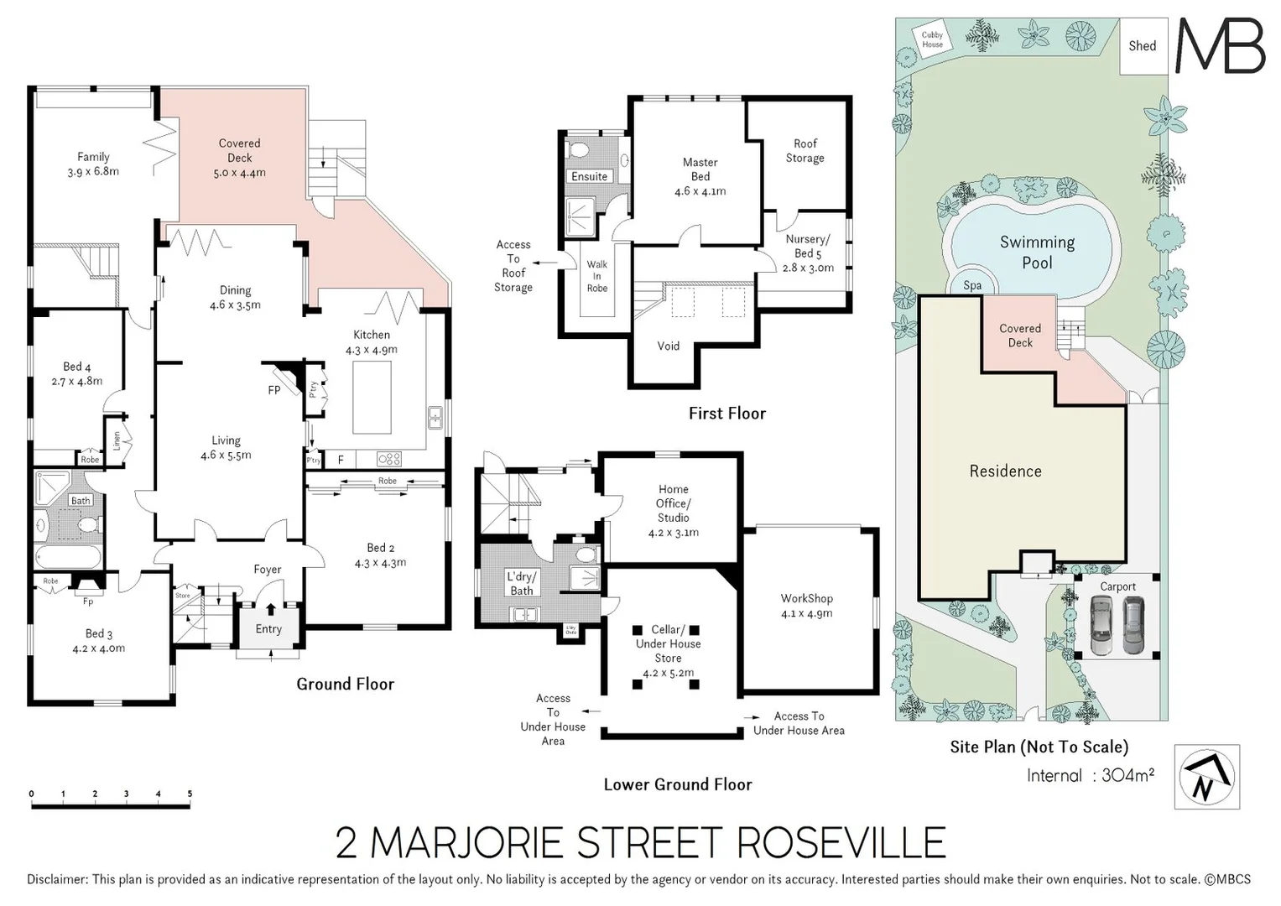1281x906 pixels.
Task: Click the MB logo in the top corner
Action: click(1220, 46)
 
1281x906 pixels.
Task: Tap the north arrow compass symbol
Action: click(1206, 777)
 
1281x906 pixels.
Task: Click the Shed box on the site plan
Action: click(1142, 46)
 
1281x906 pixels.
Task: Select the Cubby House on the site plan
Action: click(932, 39)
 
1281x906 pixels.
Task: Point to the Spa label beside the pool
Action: click(971, 285)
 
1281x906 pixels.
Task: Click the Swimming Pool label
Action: click(1037, 253)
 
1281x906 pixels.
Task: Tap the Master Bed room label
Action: click(700, 169)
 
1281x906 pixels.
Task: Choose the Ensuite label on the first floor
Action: click(589, 177)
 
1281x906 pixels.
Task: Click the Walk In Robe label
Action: click(596, 276)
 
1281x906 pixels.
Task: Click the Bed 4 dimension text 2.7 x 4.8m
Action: click(77, 381)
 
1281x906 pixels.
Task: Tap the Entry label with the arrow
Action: click(268, 628)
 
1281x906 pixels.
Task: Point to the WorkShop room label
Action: click(806, 598)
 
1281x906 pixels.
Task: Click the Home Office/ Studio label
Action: click(673, 503)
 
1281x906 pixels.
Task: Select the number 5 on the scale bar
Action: click(190, 794)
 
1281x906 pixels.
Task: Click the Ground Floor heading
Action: click(345, 684)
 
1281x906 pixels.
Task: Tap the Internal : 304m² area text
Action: click(1090, 775)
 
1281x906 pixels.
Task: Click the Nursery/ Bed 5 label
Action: click(807, 246)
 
